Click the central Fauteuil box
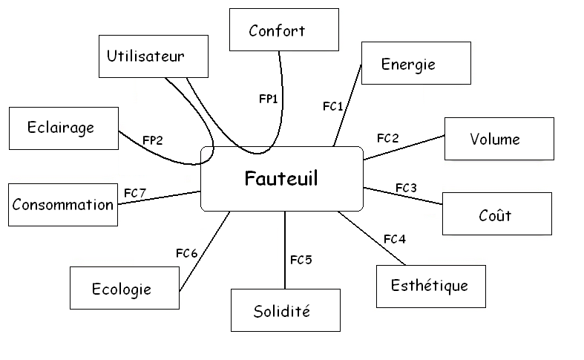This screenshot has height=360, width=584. click(x=282, y=179)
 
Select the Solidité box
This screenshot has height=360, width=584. click(x=285, y=310)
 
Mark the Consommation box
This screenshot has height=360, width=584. click(x=63, y=205)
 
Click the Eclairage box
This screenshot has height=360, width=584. click(x=63, y=128)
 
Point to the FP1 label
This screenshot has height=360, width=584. click(x=268, y=98)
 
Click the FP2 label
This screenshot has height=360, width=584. click(x=153, y=139)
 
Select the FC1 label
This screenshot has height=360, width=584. click(x=333, y=106)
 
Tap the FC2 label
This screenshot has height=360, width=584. click(x=387, y=138)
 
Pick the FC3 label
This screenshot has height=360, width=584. click(x=406, y=188)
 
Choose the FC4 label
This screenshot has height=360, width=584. click(x=394, y=239)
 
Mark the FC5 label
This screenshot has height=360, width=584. click(x=301, y=260)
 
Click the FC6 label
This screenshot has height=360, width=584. click(x=186, y=253)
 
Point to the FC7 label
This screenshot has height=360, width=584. click(x=134, y=193)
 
